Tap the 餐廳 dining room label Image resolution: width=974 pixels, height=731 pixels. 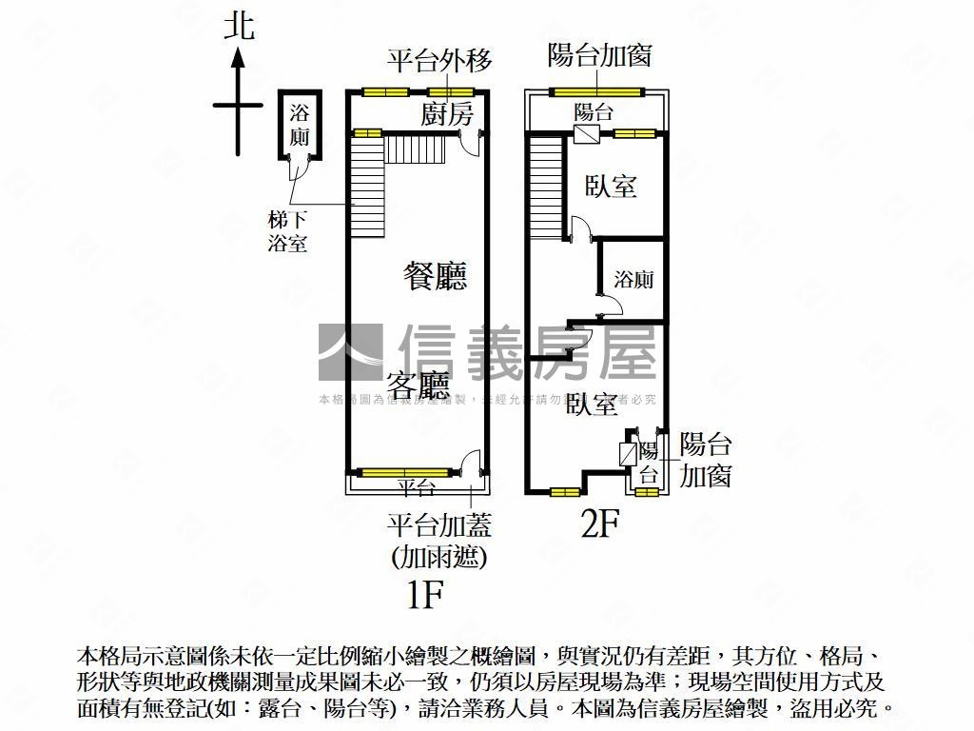coord(435,277)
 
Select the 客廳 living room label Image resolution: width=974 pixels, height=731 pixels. coord(418,385)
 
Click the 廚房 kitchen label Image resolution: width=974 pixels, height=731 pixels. coord(446,114)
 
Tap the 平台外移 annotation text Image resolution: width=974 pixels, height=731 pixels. coord(439,62)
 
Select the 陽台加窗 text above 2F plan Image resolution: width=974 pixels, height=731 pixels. coord(599,55)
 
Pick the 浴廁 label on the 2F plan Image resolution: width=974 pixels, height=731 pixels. coord(633,279)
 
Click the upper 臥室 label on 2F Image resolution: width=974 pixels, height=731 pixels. coord(611,186)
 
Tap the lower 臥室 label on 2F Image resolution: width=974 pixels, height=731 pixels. coord(593,405)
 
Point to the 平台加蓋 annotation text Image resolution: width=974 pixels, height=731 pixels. coord(438,525)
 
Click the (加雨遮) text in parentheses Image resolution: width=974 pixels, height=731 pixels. coord(438,556)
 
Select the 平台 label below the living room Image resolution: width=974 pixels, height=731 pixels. coord(416,487)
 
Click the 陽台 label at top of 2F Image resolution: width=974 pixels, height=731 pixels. coord(594,111)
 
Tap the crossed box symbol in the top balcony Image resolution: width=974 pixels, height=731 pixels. coord(586,134)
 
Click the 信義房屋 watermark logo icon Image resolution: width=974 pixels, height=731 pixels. coord(349,352)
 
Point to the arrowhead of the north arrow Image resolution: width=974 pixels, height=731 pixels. coord(239,56)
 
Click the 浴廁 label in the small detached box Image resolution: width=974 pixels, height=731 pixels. coord(300,125)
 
